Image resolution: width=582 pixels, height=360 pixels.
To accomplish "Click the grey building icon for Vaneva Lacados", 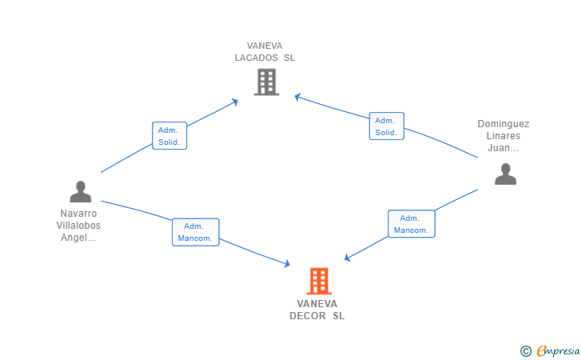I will (266, 82).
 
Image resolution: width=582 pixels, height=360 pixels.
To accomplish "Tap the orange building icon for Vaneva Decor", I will (318, 281).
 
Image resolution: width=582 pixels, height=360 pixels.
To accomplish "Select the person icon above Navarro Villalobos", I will (80, 192).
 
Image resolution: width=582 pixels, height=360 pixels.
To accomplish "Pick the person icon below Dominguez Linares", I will (505, 174).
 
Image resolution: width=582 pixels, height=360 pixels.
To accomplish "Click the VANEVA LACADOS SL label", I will (265, 52).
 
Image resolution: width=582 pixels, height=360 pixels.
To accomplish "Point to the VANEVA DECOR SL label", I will (317, 310).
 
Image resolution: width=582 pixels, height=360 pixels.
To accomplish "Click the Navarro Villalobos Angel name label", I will (79, 226).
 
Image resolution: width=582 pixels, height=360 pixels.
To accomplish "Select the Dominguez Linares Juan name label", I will (504, 136).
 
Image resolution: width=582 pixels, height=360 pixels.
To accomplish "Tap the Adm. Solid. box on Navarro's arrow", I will (169, 136).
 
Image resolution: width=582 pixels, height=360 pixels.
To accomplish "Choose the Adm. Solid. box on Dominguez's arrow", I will (386, 126).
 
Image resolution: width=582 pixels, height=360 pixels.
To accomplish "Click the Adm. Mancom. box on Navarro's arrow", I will (195, 232).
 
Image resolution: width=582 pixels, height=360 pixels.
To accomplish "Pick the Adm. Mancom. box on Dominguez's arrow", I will (411, 224).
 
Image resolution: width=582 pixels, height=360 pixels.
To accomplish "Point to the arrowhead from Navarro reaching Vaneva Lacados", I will (235, 101).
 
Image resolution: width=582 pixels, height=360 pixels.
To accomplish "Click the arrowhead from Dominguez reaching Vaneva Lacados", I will (297, 98).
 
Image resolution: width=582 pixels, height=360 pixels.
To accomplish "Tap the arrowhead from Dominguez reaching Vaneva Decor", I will (348, 258).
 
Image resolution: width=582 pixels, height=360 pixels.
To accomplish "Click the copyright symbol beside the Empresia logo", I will (525, 350).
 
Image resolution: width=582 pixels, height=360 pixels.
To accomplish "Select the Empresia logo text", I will (558, 350).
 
